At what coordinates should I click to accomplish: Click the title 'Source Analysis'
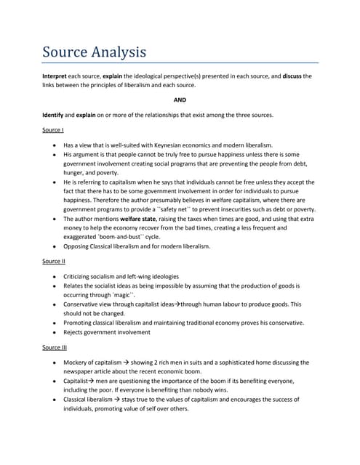(x=94, y=52)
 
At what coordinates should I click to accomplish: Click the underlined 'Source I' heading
(x=53, y=131)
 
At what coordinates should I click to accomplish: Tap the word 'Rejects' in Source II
(x=75, y=333)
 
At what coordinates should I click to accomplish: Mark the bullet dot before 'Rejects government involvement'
(x=55, y=333)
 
